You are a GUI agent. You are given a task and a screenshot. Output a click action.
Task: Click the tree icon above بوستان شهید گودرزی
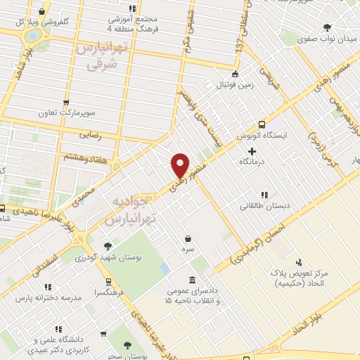107,246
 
